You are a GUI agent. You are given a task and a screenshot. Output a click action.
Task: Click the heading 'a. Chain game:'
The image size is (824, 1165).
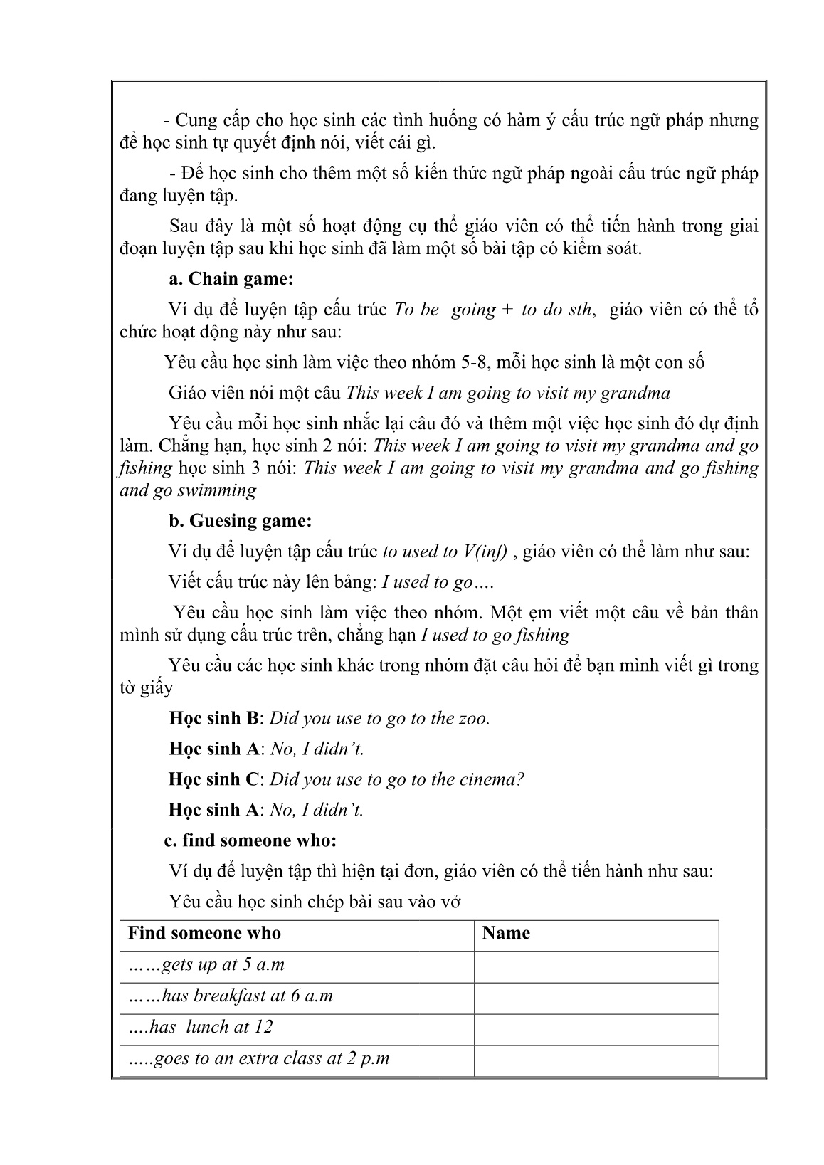pos(231,279)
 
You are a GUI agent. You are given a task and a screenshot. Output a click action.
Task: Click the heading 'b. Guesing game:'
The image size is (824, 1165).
pos(240,521)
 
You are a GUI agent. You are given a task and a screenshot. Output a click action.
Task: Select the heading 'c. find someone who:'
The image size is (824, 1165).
pos(250,840)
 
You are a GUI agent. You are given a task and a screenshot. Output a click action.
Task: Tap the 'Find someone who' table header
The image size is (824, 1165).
pos(204,934)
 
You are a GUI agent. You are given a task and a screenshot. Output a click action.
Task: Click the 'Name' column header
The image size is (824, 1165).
pos(506,934)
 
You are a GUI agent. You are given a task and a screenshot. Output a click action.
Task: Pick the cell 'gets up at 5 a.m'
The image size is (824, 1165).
pos(206,966)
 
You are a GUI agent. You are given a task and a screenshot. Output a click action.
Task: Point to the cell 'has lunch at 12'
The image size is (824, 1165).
pos(201,1028)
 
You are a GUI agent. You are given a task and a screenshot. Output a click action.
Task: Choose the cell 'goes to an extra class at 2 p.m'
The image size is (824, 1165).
pos(259,1059)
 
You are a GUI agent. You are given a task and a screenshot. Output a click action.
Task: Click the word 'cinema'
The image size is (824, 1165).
pos(489,780)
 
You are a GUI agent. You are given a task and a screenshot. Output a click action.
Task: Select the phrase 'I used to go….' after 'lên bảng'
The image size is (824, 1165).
pos(438,582)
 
